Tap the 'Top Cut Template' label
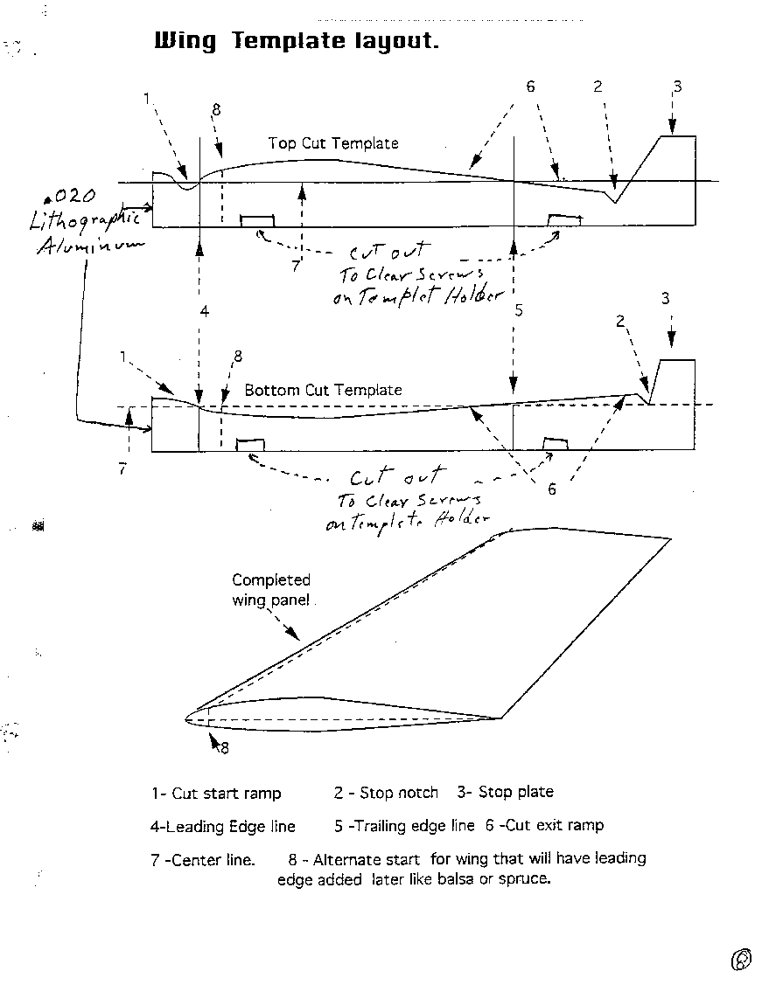tap(333, 143)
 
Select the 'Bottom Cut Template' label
tap(323, 390)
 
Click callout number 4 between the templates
tap(204, 310)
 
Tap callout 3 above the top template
tap(677, 87)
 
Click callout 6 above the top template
tap(530, 87)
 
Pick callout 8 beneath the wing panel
tap(224, 747)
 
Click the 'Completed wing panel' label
tap(271, 589)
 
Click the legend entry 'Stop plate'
tap(515, 792)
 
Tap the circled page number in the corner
tap(741, 960)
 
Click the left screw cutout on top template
tap(256, 220)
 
